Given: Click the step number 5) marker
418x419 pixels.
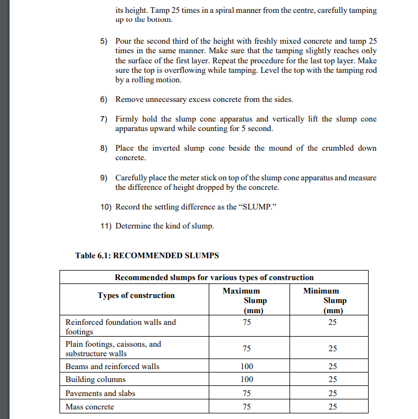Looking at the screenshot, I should [103, 42].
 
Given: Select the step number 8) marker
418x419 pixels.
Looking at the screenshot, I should [103, 148].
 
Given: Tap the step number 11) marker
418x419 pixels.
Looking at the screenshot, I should [104, 226].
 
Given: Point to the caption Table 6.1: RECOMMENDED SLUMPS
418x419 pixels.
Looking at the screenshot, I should [147, 255].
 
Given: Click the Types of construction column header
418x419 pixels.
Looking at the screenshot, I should [136, 295].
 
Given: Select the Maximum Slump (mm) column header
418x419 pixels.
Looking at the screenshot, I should [246, 301].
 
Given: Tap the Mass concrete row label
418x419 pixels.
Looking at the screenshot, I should [90, 407].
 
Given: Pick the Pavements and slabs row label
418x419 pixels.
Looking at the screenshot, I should [100, 393].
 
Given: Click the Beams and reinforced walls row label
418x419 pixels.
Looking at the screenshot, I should [112, 366].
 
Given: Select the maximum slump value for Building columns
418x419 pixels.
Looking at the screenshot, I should [246, 380].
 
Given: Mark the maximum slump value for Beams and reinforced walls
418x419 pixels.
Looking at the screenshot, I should [246, 366].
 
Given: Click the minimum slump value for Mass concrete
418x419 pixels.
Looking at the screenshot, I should [333, 407].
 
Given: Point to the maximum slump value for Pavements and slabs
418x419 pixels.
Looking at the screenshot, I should [246, 393].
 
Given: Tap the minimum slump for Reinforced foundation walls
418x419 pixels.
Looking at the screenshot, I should [333, 322].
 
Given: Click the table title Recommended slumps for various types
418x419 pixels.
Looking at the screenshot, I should [214, 277].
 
